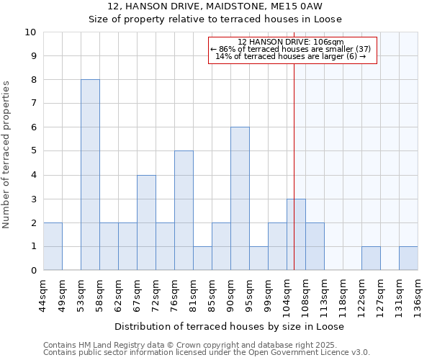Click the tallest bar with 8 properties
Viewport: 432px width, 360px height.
point(90,175)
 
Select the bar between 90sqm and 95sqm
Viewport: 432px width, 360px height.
point(240,199)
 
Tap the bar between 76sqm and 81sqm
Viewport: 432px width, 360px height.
point(184,210)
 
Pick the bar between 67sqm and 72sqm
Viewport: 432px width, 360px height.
point(146,222)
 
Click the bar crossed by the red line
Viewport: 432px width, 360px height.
point(296,235)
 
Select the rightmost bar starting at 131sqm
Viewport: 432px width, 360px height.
point(408,258)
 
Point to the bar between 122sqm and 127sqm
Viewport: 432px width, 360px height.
point(371,258)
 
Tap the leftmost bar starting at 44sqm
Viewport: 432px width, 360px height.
point(53,246)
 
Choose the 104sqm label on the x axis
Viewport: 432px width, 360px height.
point(287,294)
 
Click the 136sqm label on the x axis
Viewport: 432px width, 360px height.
point(418,294)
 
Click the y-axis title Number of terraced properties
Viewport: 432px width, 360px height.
point(7,155)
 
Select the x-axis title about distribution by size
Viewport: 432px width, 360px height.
point(229,326)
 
